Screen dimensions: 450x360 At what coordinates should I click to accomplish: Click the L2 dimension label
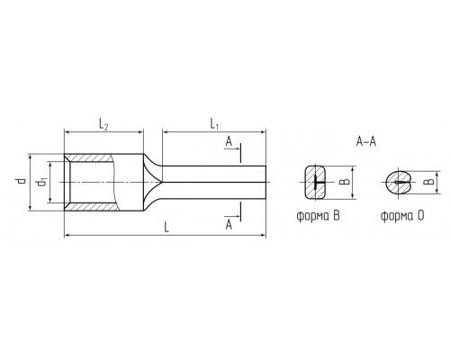103,124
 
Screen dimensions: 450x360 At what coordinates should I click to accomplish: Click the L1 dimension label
214,124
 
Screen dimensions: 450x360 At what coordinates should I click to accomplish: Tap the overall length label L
166,227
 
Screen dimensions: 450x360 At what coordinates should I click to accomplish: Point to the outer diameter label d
21,181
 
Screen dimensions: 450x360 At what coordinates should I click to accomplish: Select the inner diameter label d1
41,182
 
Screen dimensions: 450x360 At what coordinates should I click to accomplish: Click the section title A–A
366,141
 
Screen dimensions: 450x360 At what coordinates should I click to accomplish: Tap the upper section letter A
229,141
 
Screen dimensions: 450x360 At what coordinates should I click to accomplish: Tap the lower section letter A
229,224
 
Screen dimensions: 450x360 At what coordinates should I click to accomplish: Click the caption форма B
319,216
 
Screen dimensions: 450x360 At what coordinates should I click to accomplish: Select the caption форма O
402,216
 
